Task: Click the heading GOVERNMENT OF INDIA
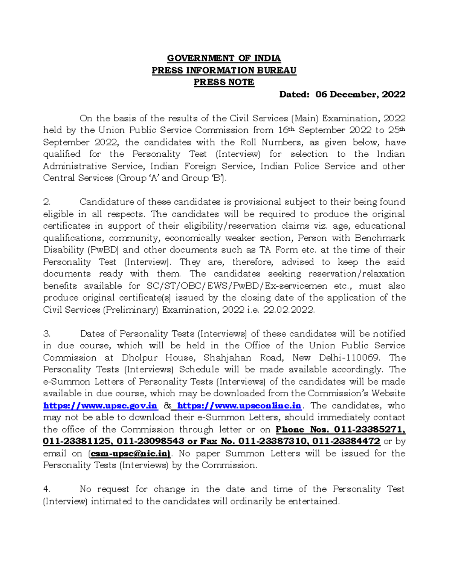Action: point(224,58)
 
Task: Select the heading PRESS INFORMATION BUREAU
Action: point(224,70)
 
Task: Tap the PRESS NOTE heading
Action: point(224,82)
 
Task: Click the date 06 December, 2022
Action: point(360,94)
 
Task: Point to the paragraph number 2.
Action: point(47,202)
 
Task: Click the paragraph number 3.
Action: point(47,334)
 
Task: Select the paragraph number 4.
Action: point(47,489)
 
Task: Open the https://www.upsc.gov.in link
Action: point(100,406)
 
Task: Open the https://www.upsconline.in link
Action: point(239,406)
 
